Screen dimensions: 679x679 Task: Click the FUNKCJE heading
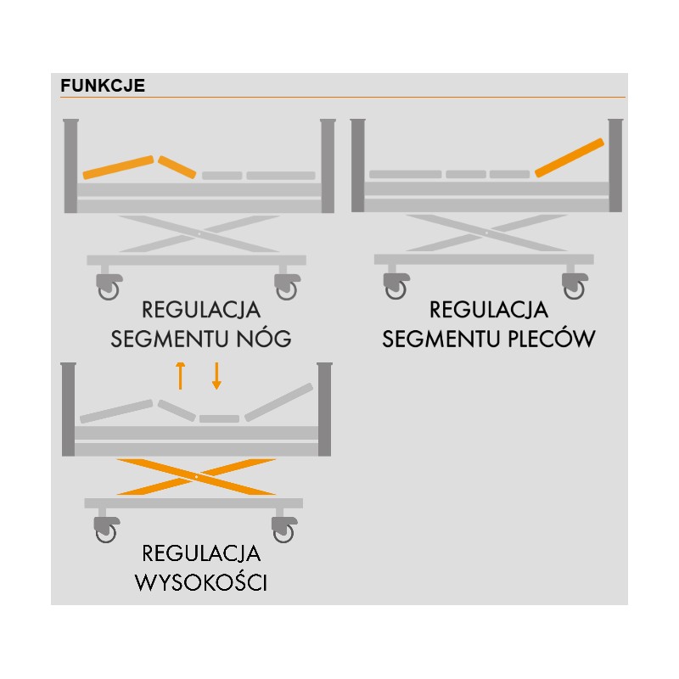[x=103, y=87]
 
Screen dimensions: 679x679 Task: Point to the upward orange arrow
[x=180, y=374]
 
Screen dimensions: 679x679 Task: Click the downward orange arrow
[x=216, y=374]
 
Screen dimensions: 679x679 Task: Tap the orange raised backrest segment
[x=570, y=157]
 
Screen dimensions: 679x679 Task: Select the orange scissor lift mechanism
[x=196, y=476]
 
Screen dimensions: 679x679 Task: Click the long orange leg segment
[x=118, y=167]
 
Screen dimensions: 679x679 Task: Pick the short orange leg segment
[x=177, y=166]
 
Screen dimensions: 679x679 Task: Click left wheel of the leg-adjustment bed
[x=109, y=289]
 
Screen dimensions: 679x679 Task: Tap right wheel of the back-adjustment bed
[x=574, y=289]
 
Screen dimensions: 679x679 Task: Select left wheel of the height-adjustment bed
[x=106, y=532]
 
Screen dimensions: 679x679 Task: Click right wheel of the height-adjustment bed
[x=283, y=532]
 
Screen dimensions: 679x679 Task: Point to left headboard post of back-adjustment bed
[x=358, y=166]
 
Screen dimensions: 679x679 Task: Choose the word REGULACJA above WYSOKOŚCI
[x=202, y=555]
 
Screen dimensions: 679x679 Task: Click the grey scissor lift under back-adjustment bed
[x=484, y=233]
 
